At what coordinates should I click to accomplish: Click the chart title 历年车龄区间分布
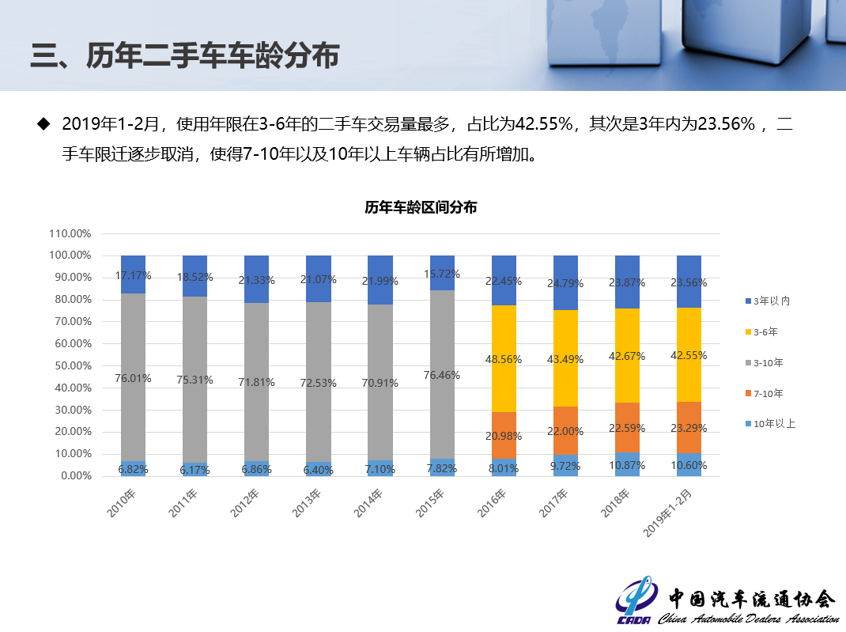(x=421, y=208)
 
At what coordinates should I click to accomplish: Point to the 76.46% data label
(x=442, y=375)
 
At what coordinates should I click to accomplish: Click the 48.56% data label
(x=504, y=358)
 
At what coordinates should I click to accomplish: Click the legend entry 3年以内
(x=772, y=301)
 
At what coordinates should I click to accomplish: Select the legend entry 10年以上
(x=774, y=424)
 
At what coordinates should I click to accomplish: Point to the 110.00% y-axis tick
(x=70, y=233)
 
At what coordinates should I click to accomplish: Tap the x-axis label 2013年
(x=309, y=502)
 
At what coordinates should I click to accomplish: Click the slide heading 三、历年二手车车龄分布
(x=185, y=57)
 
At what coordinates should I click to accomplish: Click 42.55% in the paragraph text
(x=543, y=124)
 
